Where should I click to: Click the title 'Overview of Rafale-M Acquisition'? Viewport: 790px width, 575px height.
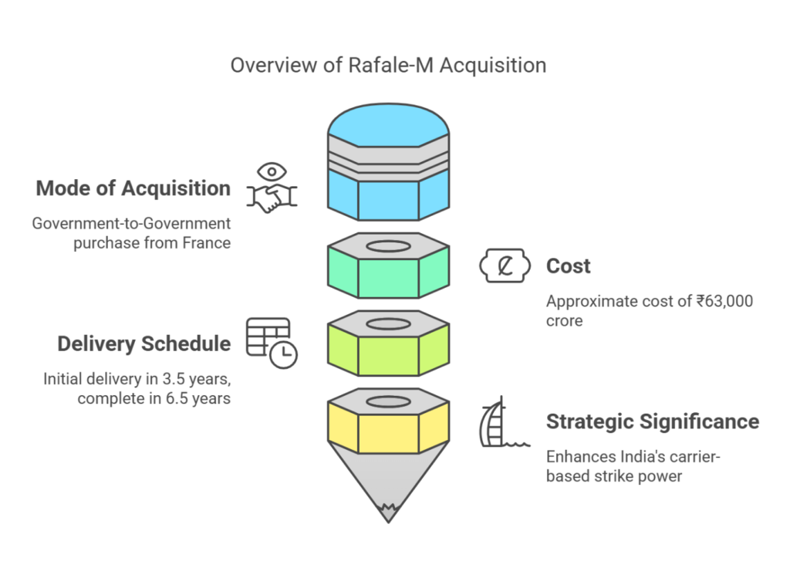point(388,65)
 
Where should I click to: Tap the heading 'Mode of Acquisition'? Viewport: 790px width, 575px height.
point(133,188)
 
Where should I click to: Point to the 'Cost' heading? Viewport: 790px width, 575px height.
point(569,266)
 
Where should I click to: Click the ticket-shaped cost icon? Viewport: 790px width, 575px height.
point(506,266)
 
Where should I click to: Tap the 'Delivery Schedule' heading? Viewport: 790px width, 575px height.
point(143,343)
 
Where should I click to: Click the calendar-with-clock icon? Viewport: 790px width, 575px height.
point(272,342)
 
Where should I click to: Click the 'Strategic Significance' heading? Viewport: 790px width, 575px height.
point(653,421)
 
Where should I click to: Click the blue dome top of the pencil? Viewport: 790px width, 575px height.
point(388,123)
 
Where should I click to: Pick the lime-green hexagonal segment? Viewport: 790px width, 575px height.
point(388,356)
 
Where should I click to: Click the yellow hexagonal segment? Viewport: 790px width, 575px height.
point(388,432)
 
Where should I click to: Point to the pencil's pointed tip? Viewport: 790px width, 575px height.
point(388,512)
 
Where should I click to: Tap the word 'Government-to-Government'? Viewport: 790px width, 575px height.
point(131,223)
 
